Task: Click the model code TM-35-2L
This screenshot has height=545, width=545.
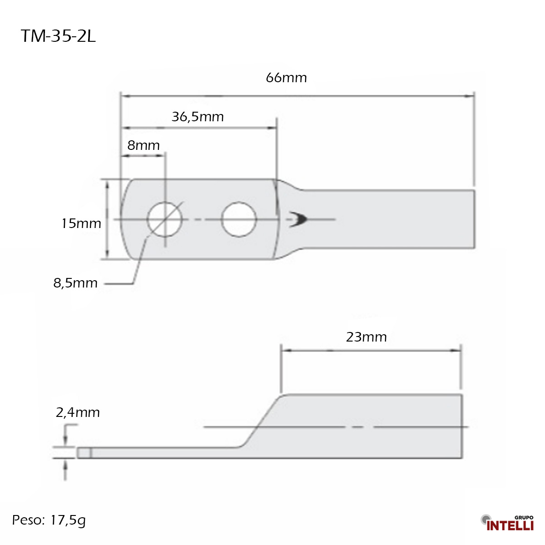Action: click(x=58, y=36)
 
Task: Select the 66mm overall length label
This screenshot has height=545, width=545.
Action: click(x=286, y=78)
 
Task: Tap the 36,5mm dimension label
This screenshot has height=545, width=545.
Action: click(x=198, y=117)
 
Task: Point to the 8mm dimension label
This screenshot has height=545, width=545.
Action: click(x=144, y=145)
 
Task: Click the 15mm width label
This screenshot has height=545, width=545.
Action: click(x=81, y=223)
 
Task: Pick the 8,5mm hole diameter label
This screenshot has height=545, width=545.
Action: click(x=75, y=283)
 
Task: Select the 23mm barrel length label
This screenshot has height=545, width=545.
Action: click(x=366, y=337)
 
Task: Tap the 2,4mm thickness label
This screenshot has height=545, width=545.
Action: click(x=78, y=412)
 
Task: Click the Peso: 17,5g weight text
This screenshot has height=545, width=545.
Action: click(x=49, y=520)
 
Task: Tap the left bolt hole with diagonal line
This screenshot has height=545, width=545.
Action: click(x=165, y=219)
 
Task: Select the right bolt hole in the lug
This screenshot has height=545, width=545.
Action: click(x=238, y=219)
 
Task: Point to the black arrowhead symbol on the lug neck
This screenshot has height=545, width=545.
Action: click(x=299, y=219)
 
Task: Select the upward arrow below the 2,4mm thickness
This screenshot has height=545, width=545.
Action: click(x=66, y=466)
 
